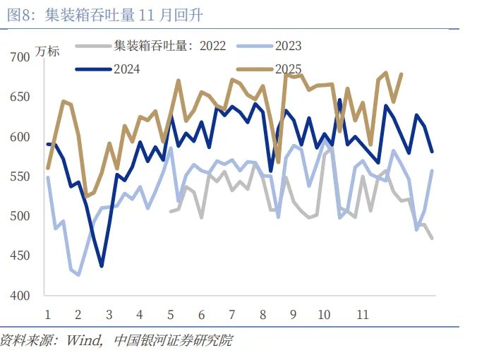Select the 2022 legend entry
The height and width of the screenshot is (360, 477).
[x=169, y=47]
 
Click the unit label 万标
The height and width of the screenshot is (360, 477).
[x=48, y=51]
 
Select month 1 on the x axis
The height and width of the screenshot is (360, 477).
[x=47, y=315]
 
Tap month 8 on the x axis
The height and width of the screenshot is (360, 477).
[x=262, y=315]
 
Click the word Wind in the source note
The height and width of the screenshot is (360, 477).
[x=83, y=341]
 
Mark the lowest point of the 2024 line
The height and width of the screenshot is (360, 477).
[x=102, y=266]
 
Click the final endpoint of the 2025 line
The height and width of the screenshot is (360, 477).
[x=401, y=73]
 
